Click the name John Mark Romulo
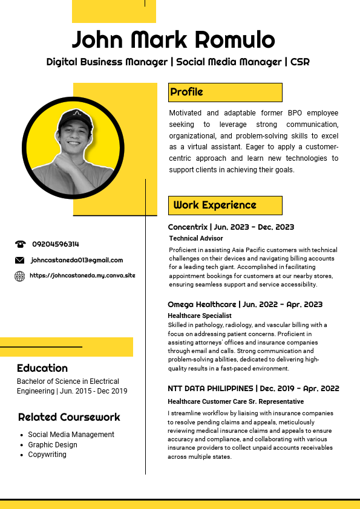(174, 40)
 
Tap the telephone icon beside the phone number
(20, 244)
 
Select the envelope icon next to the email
(20, 261)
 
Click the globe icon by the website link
(20, 276)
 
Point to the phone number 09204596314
(56, 244)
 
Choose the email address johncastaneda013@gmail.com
(77, 261)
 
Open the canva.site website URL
(82, 276)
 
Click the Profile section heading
(186, 92)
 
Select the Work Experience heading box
(225, 205)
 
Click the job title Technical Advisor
(195, 239)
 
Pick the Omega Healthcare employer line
(245, 304)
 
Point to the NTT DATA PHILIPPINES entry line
(253, 389)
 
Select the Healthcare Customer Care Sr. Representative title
(235, 402)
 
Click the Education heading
(42, 368)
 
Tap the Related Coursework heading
(69, 417)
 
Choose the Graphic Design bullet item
(53, 445)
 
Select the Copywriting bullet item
(47, 455)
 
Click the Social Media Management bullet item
(71, 435)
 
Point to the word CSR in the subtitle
(300, 62)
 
